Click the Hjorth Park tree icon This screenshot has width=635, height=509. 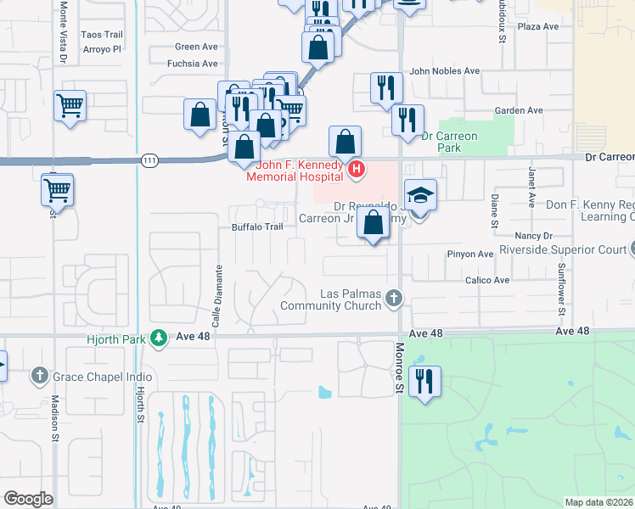tap(158, 338)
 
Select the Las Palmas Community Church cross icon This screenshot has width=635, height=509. tap(392, 298)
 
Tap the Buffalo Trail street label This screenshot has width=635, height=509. tap(256, 227)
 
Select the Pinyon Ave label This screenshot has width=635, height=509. tap(470, 254)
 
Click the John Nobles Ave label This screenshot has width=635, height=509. tap(445, 72)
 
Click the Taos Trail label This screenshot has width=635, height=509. tap(102, 35)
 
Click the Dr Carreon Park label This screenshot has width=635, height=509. tap(449, 142)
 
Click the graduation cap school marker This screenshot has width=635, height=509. tap(420, 196)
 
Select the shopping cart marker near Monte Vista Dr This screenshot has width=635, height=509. tap(70, 106)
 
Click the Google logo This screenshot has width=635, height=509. tap(28, 498)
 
